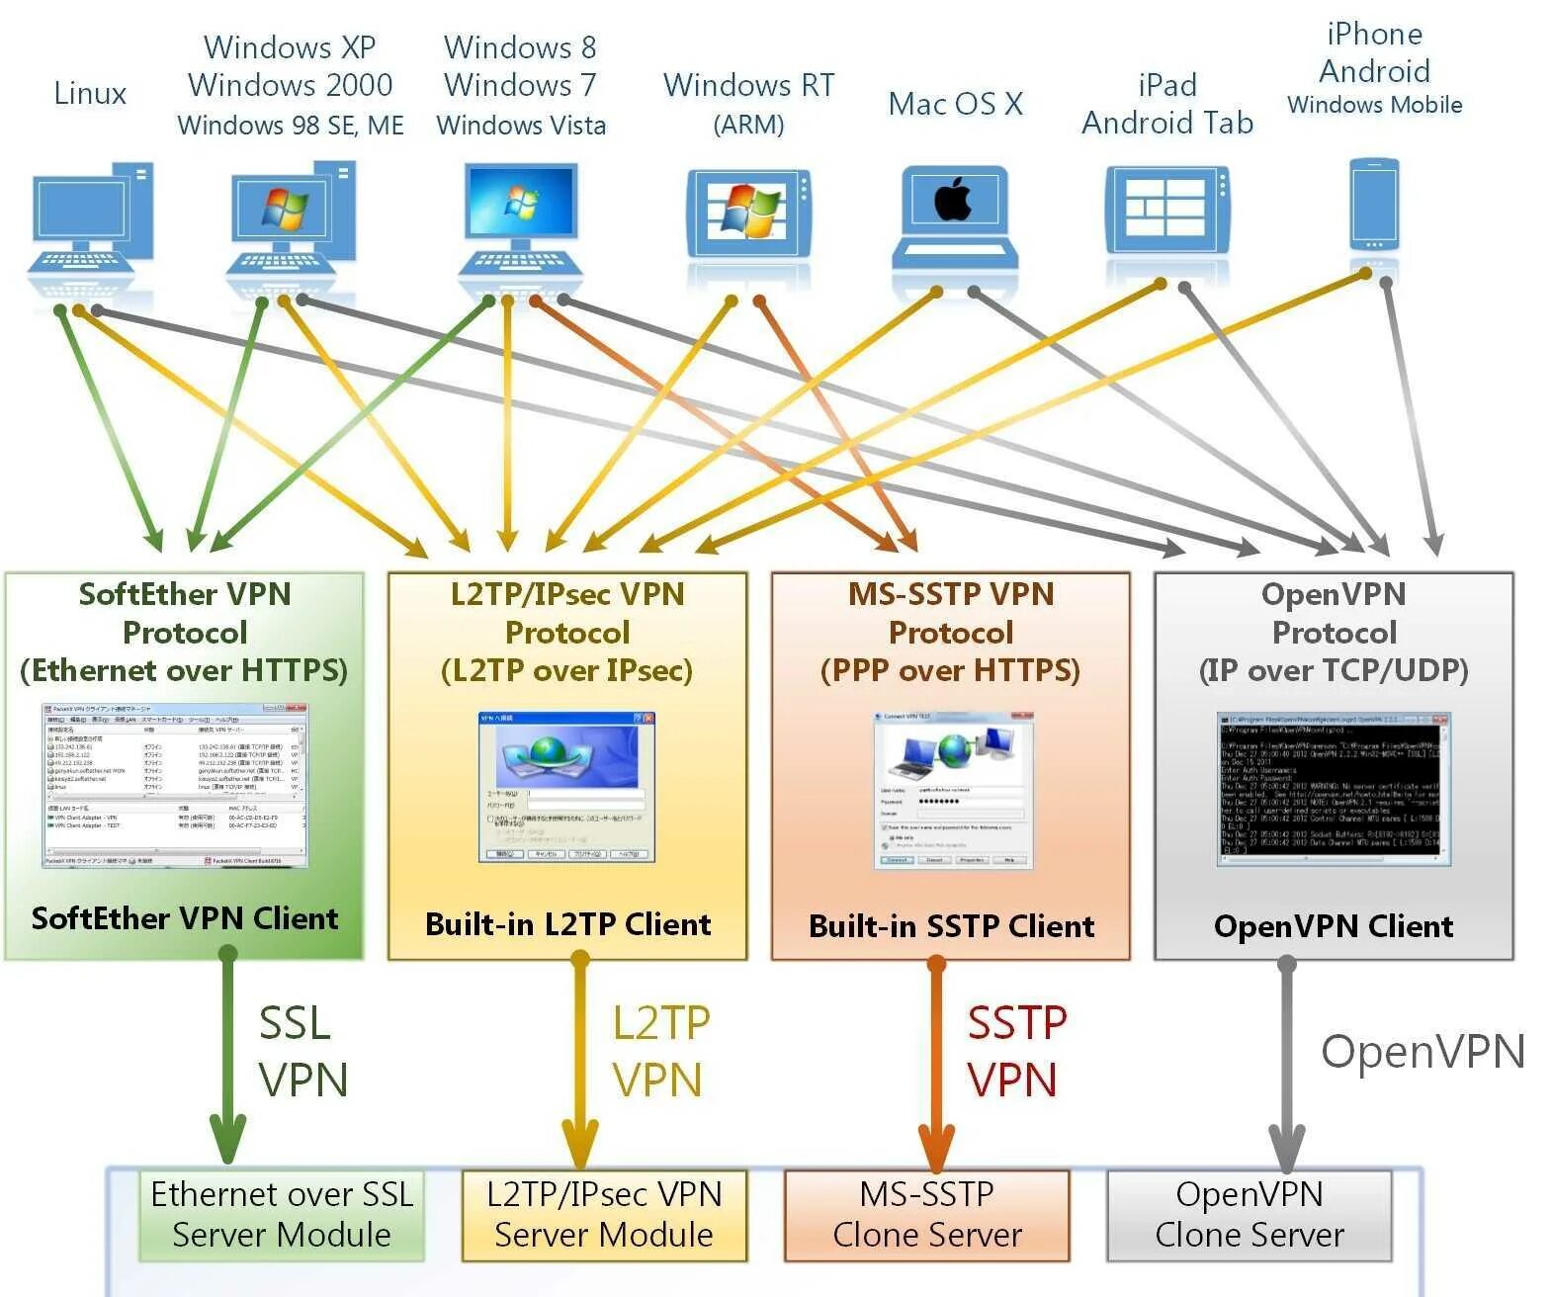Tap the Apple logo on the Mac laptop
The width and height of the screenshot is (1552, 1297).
(953, 201)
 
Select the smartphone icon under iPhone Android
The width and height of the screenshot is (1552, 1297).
(1374, 205)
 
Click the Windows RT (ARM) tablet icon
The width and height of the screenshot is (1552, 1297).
(749, 213)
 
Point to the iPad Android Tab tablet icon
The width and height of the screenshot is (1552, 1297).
(1167, 210)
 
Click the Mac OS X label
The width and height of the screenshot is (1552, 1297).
(955, 104)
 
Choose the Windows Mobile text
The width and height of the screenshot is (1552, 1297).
(1374, 105)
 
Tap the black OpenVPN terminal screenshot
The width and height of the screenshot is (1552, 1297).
(1334, 789)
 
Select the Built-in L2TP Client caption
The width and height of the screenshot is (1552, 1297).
(567, 924)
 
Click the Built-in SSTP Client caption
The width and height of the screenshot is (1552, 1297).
(951, 926)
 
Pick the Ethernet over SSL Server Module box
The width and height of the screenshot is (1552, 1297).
(282, 1215)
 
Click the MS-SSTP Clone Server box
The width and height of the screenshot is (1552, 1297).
(926, 1215)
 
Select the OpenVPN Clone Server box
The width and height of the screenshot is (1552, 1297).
(1249, 1215)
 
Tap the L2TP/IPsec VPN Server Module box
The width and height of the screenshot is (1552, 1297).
(604, 1215)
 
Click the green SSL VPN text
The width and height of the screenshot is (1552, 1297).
(302, 1051)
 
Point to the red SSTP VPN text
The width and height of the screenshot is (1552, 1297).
(1014, 1051)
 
